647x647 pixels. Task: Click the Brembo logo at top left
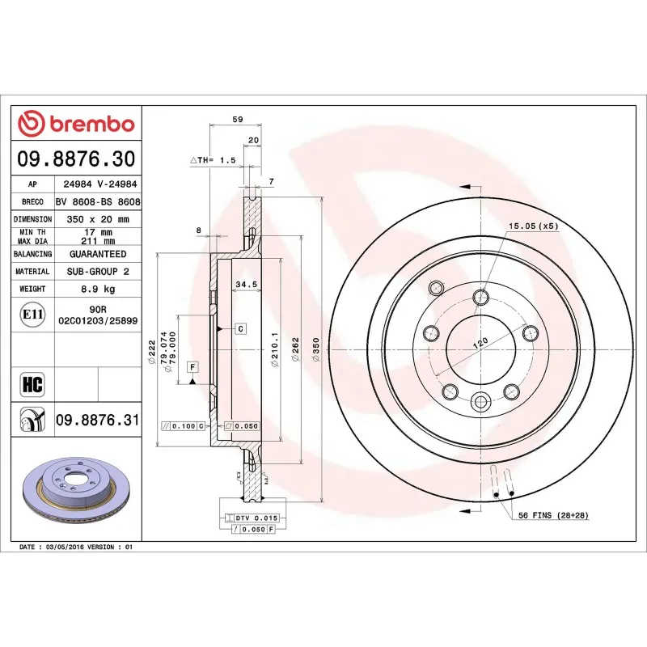(76, 124)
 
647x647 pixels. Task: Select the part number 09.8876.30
(76, 158)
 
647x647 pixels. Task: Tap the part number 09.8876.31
(97, 420)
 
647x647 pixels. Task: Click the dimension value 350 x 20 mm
(97, 219)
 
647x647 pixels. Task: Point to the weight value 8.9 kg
(97, 289)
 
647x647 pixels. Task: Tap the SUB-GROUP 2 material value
(97, 272)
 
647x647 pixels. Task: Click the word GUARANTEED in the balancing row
(97, 254)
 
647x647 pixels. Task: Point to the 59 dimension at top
(238, 119)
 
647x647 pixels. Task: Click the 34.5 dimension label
(246, 285)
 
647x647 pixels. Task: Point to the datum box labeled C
(240, 328)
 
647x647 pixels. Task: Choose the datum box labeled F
(192, 367)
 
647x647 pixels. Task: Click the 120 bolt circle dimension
(480, 343)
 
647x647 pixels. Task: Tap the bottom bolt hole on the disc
(481, 400)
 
